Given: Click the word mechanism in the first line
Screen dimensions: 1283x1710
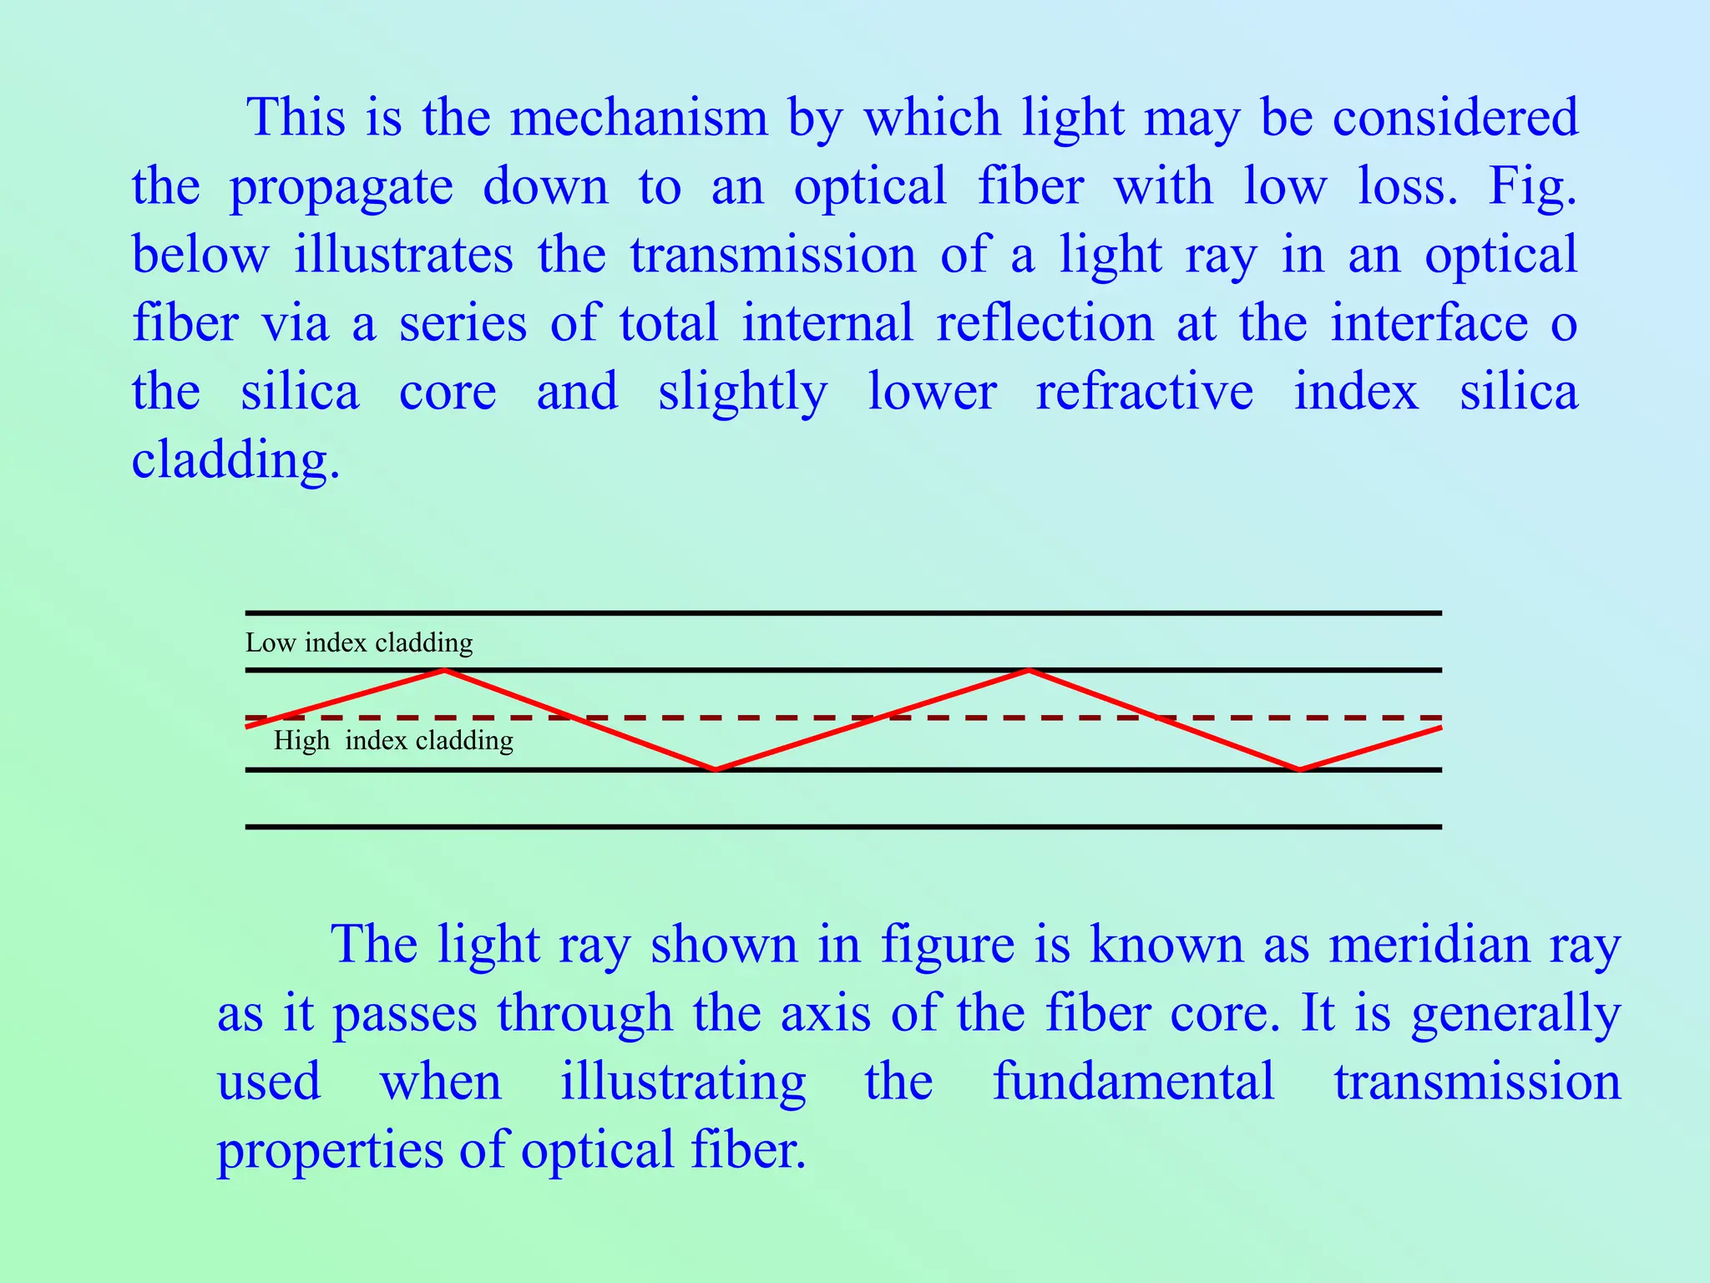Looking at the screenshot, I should click(638, 117).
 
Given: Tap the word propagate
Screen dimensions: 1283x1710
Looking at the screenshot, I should click(341, 187).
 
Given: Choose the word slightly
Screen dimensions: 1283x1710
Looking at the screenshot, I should click(742, 393).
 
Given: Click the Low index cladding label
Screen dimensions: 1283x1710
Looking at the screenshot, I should click(359, 642).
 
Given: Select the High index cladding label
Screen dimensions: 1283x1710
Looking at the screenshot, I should click(393, 740).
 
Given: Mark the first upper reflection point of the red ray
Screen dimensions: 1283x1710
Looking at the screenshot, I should click(445, 670).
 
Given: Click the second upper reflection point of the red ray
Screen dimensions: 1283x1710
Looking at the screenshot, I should click(1030, 670).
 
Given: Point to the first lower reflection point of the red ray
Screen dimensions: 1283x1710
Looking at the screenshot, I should click(716, 768).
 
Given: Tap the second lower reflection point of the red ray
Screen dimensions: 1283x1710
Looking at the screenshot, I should click(1299, 768).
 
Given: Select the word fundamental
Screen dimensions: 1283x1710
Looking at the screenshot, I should click(1133, 1082).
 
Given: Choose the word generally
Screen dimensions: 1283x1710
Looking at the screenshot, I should click(1515, 1015).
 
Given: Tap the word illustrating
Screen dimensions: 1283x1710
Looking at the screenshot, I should click(682, 1083).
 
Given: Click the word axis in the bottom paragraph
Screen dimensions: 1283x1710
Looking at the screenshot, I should click(826, 1013).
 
